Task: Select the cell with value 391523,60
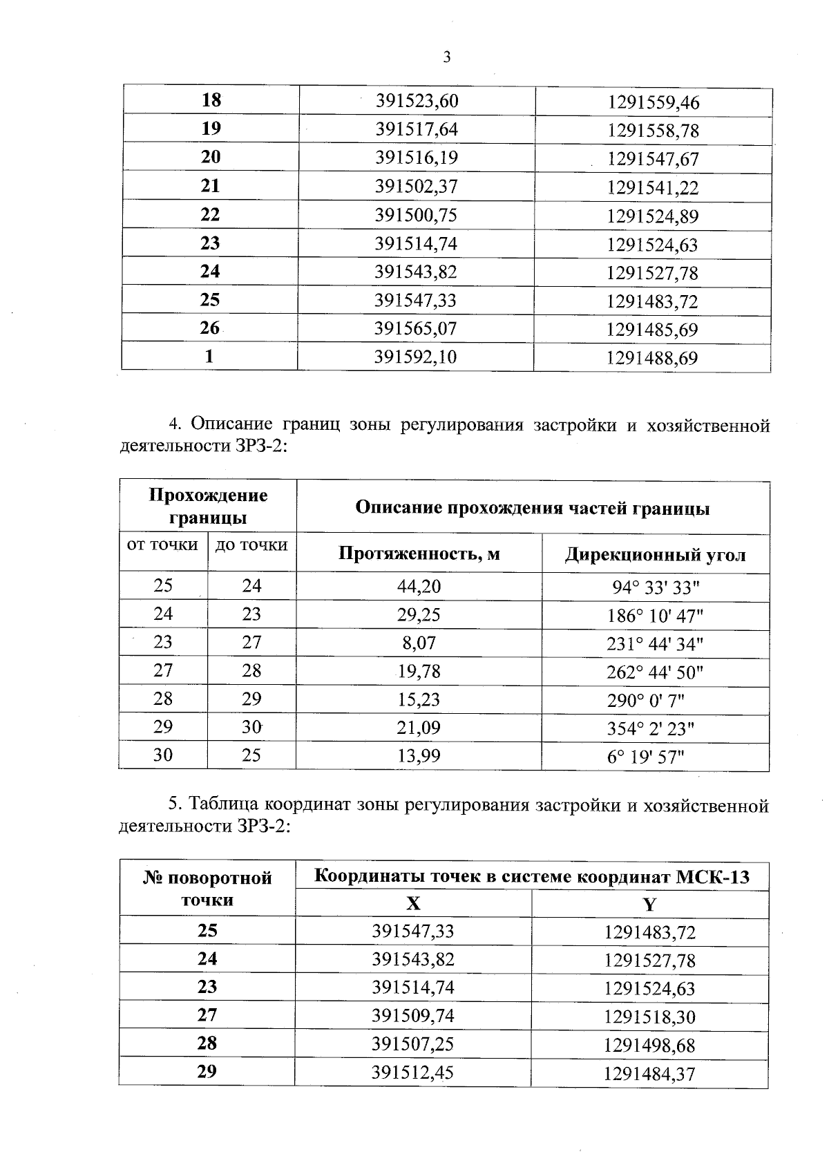point(417,102)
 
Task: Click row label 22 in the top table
point(210,215)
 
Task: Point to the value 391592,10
point(415,357)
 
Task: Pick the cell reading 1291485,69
point(652,330)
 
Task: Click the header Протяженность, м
point(419,554)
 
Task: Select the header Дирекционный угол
point(655,555)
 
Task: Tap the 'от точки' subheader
point(163,545)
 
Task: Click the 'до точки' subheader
point(251,545)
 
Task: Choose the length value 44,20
point(419,587)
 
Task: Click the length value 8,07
point(419,643)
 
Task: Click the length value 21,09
point(419,728)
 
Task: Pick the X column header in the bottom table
point(413,904)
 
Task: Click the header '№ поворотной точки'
point(207,889)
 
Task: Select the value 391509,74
point(413,1016)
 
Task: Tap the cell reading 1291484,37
point(649,1074)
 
